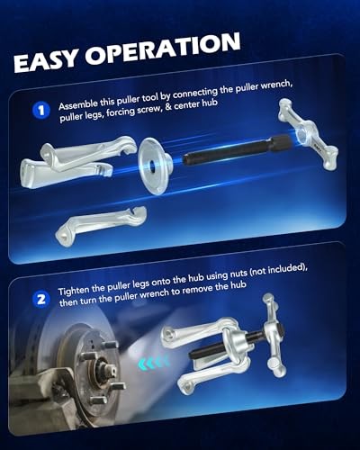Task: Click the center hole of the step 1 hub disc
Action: tap(165, 163)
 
